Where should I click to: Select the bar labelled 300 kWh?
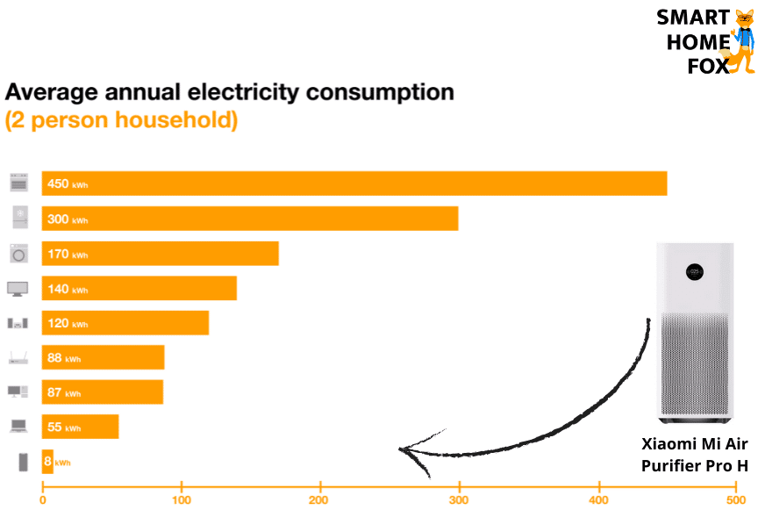click(x=250, y=219)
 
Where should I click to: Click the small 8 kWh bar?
click(x=47, y=462)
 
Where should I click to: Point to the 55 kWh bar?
click(x=80, y=427)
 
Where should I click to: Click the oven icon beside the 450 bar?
click(x=18, y=183)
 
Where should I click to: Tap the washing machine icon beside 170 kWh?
click(x=18, y=254)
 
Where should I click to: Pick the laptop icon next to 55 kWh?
click(x=18, y=426)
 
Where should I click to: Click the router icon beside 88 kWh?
click(x=18, y=357)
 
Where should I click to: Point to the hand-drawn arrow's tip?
click(x=402, y=450)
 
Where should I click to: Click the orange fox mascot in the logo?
click(x=744, y=41)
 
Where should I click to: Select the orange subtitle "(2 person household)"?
click(x=121, y=120)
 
